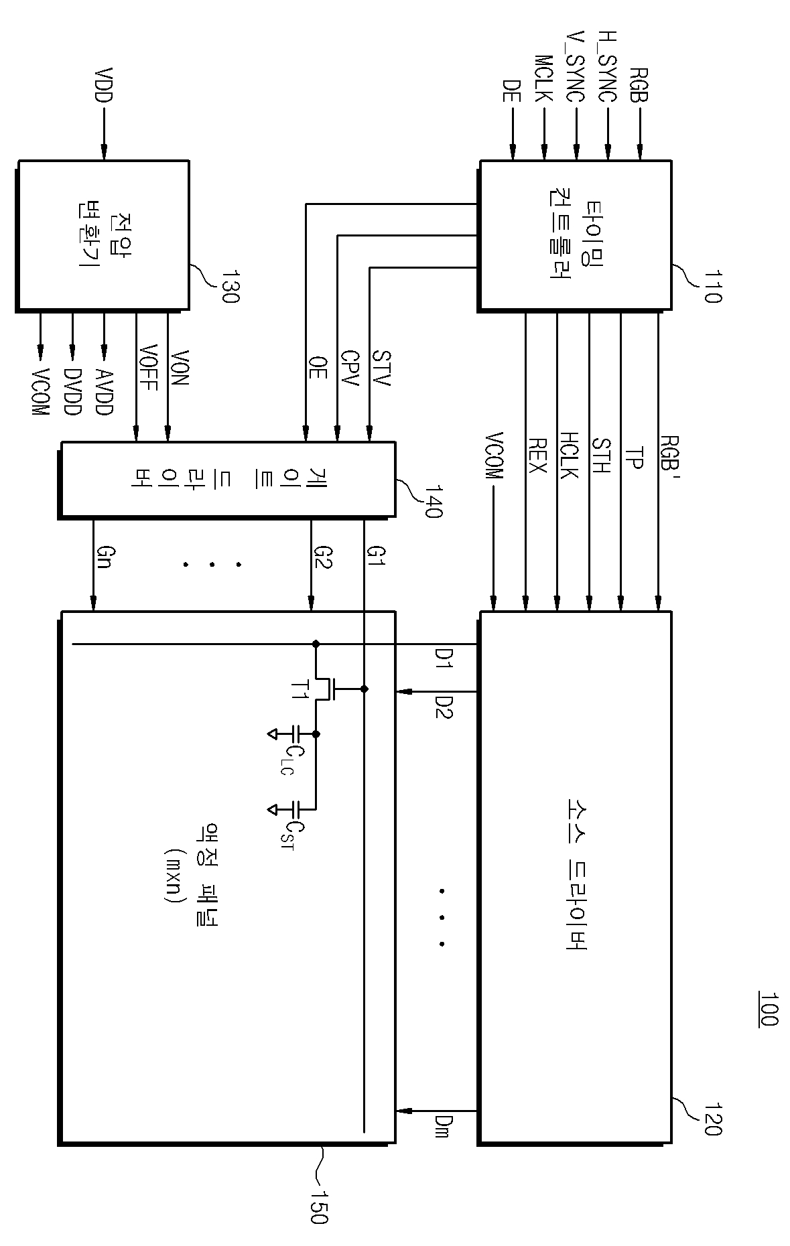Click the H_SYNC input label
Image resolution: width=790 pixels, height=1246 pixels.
click(606, 66)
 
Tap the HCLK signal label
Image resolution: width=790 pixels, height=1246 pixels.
click(568, 456)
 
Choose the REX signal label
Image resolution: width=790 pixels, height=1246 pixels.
click(537, 456)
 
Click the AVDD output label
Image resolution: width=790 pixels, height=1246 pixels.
click(104, 392)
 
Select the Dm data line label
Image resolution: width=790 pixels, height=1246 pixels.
click(442, 1126)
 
